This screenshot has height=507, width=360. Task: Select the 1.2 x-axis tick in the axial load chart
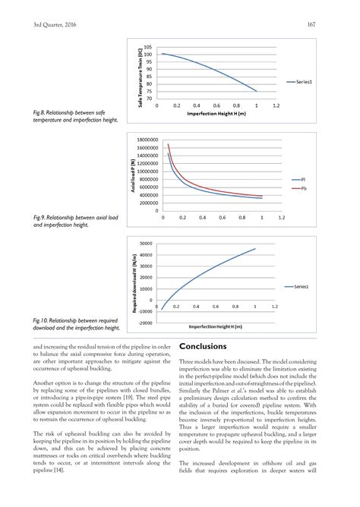pos(281,218)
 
